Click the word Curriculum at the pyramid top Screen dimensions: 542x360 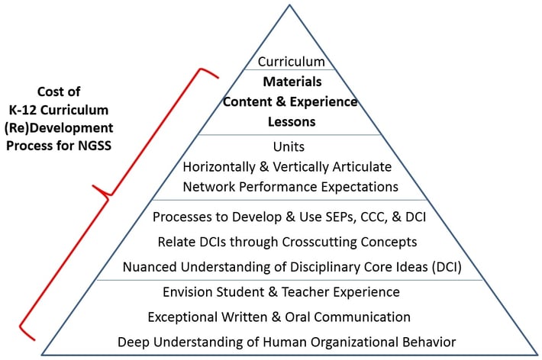pos(291,62)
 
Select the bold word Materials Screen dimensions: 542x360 pos(292,82)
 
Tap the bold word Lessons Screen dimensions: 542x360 pos(292,122)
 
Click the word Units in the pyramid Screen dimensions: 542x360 pos(289,147)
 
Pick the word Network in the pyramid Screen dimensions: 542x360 pos(209,187)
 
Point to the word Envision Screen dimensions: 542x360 pos(188,292)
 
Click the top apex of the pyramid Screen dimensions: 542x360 pos(289,5)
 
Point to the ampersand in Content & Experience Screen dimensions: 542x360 pos(279,102)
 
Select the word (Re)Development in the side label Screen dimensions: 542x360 pos(59,128)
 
